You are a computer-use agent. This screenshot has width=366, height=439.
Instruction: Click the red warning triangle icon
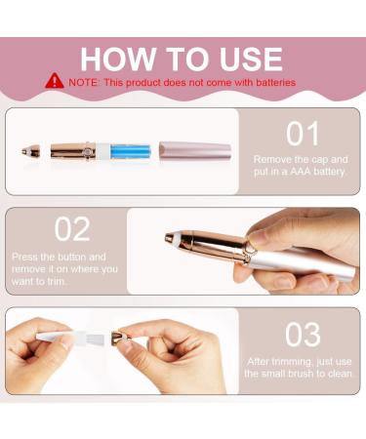pos(55,81)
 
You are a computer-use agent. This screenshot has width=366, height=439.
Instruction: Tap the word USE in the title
pos(251,60)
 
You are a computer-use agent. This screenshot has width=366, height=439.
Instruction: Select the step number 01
pos(303,134)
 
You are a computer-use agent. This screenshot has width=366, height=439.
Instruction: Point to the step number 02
pos(72,229)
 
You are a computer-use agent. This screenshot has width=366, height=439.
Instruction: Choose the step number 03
pos(303,335)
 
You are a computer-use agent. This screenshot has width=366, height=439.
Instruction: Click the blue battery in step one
pos(131,151)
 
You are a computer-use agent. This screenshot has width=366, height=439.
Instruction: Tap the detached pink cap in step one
pos(195,150)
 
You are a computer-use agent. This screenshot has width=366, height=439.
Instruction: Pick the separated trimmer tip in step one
pos(31,151)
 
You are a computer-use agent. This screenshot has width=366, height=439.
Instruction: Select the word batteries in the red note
pos(275,82)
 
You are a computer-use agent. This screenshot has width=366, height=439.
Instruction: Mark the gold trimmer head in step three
pos(121,338)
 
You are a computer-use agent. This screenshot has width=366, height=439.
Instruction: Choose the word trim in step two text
pos(57,281)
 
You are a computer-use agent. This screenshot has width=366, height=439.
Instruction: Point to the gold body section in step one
pos(73,151)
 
